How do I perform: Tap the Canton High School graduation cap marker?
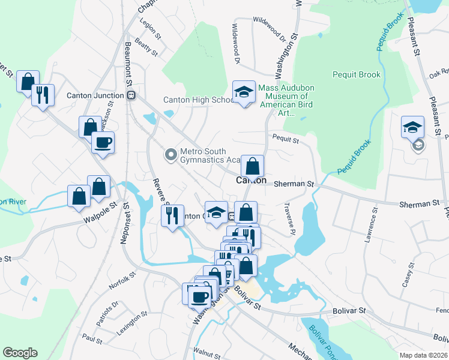(244, 92)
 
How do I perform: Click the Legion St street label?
(151, 29)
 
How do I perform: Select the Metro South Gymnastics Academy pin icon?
(171, 155)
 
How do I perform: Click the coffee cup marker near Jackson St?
(102, 142)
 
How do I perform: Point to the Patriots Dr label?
(108, 310)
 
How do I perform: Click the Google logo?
(20, 353)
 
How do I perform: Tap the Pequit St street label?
(286, 140)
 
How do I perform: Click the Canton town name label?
(251, 180)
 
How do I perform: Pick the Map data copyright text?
(424, 355)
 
